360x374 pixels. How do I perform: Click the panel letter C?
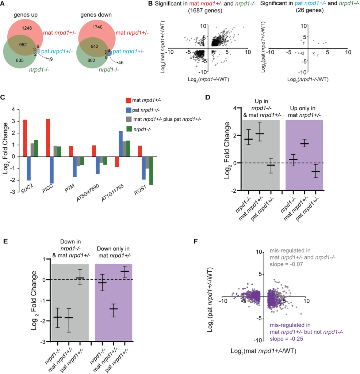pos(3,98)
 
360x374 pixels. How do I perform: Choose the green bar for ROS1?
pos(151,171)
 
